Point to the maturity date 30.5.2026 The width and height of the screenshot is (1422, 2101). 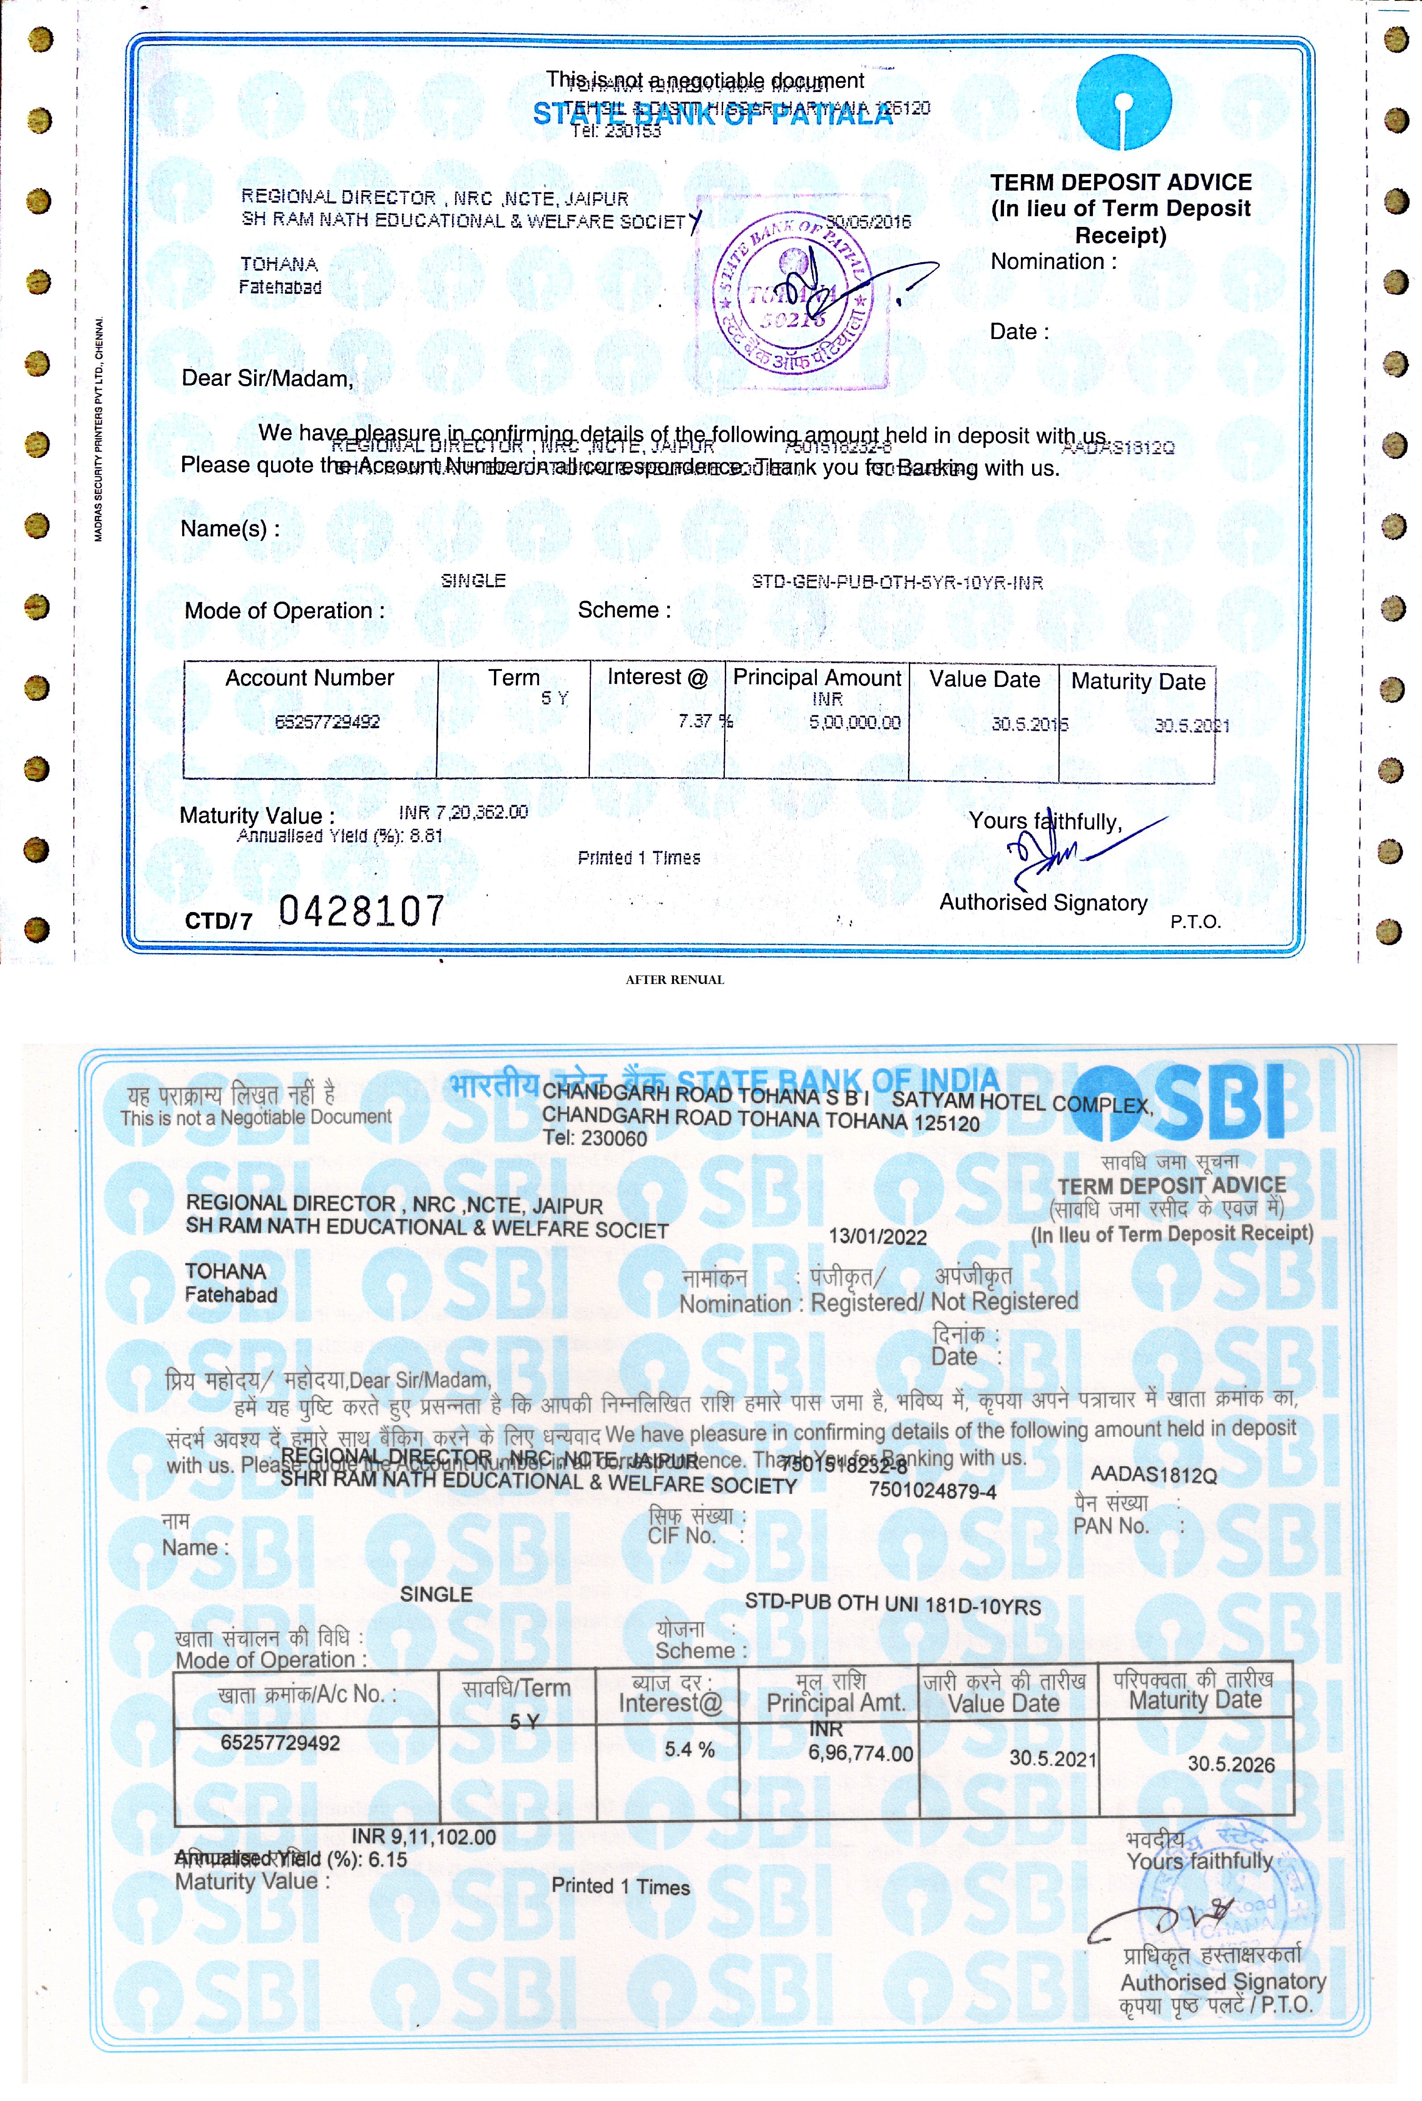(1230, 1764)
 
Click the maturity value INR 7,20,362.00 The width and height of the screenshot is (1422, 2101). (463, 812)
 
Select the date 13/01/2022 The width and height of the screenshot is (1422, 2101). (877, 1237)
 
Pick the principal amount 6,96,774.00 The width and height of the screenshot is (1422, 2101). (860, 1753)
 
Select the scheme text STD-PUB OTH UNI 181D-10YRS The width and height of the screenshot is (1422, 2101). (892, 1606)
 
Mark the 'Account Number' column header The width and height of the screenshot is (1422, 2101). (309, 678)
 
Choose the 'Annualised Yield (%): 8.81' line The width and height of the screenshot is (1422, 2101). (339, 836)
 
